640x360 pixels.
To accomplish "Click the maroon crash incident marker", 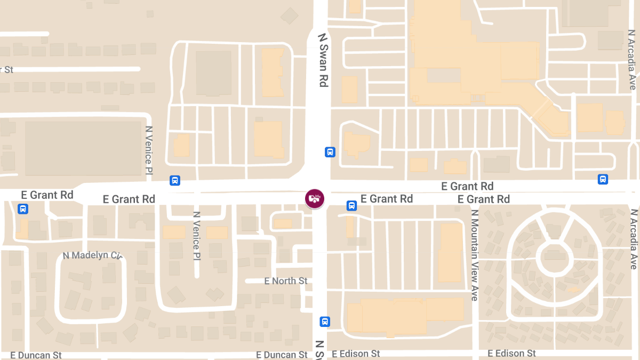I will (x=315, y=198).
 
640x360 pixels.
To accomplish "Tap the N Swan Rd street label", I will (x=323, y=60).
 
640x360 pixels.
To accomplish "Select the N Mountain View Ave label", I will (x=474, y=255).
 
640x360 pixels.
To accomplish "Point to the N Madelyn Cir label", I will (x=92, y=255).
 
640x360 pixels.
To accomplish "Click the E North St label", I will (x=286, y=281).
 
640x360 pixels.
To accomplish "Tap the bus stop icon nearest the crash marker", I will (x=351, y=205).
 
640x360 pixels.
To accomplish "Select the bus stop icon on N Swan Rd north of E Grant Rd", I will (x=330, y=152).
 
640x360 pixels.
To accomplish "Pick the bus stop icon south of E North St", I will (x=325, y=322).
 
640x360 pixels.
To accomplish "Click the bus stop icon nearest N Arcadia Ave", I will (x=603, y=179).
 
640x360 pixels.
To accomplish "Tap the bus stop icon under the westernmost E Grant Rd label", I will (x=23, y=209).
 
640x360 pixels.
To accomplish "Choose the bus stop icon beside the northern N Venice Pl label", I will (x=174, y=180).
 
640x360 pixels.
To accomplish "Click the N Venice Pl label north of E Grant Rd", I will (x=149, y=150).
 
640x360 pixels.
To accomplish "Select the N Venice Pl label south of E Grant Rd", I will (x=196, y=236).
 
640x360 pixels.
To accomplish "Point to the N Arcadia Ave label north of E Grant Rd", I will (x=632, y=60).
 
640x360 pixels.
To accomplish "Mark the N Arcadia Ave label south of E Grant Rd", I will (x=633, y=239).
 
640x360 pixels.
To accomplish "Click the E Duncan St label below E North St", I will (x=282, y=355).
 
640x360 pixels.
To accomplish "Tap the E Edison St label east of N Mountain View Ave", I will (x=511, y=353).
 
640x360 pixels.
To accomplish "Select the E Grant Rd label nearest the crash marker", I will (x=387, y=199).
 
